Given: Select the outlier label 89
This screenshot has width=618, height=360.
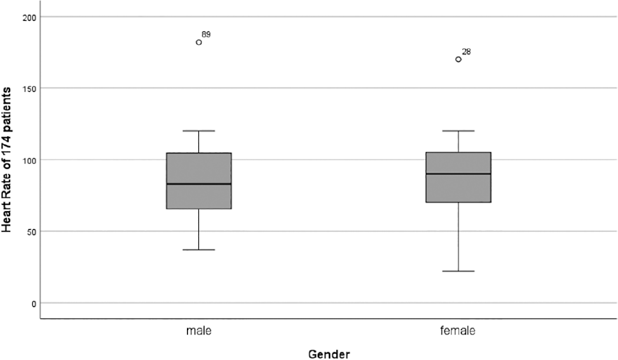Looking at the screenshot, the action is (x=206, y=35).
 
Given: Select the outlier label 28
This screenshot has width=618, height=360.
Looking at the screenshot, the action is (x=466, y=52).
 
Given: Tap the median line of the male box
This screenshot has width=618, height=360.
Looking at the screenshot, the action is (x=198, y=184).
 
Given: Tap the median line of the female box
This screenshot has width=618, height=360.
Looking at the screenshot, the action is (x=458, y=174).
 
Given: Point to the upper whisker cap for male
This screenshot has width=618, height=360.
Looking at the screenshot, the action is (x=198, y=130).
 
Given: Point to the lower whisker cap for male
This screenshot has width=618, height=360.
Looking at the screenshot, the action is (x=198, y=249).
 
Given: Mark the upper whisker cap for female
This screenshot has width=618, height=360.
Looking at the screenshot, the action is (x=458, y=130).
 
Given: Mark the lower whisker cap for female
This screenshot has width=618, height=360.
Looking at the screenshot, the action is (x=458, y=272).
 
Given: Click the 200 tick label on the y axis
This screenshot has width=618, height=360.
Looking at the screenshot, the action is (x=29, y=17).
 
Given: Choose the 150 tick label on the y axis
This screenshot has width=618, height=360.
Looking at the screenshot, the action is (x=29, y=88).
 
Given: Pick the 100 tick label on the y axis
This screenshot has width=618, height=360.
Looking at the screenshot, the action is (x=29, y=160).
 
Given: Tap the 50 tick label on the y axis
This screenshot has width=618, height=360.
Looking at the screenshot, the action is (x=31, y=232).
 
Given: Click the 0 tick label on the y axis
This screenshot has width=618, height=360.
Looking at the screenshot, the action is (x=34, y=303).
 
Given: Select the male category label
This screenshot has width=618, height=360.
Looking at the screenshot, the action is (x=198, y=331).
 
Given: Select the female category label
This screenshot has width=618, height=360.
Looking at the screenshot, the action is (x=458, y=331).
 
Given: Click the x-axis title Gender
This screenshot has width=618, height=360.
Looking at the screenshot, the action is (x=329, y=354).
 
